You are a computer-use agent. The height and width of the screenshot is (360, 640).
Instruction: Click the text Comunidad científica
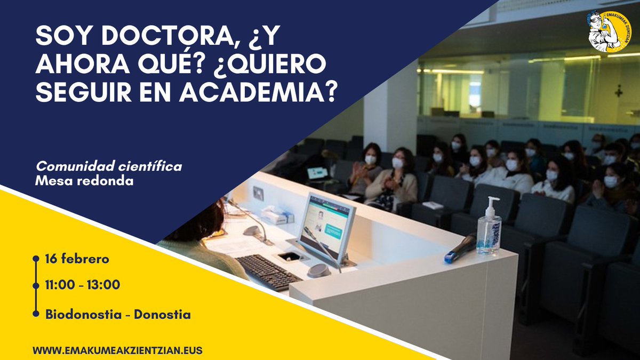(109, 166)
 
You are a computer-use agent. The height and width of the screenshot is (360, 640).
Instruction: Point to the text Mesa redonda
(84, 181)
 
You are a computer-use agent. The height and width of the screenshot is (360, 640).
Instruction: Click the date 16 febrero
(77, 259)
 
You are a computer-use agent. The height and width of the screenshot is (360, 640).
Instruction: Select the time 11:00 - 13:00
(83, 285)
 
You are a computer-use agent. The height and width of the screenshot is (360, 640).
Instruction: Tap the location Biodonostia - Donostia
(118, 314)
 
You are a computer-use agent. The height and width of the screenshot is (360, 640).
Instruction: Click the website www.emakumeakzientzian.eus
(117, 350)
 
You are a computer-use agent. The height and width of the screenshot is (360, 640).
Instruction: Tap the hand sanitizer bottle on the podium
(489, 229)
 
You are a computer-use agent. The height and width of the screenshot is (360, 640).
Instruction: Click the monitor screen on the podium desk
(326, 222)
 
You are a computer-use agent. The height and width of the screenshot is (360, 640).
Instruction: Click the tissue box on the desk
(277, 215)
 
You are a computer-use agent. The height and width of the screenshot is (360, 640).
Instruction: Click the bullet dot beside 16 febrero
(36, 259)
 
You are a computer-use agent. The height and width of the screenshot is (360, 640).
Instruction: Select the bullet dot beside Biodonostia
(36, 314)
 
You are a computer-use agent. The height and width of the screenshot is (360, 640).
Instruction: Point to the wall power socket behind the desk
(258, 194)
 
